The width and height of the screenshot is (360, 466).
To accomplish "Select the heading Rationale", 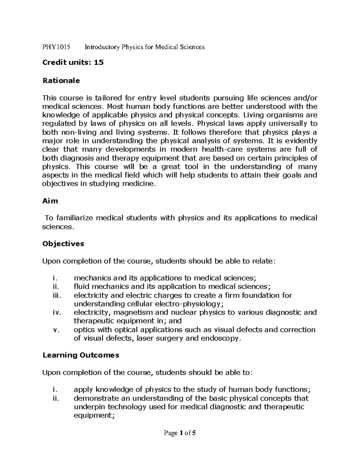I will click(x=61, y=80).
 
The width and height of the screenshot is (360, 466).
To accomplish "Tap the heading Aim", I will click(x=50, y=201).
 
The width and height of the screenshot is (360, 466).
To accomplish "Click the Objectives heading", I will click(x=63, y=244).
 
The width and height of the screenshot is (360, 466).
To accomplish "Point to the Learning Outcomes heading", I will click(x=81, y=355).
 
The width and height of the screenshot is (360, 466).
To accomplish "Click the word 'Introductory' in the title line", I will click(x=102, y=47).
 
